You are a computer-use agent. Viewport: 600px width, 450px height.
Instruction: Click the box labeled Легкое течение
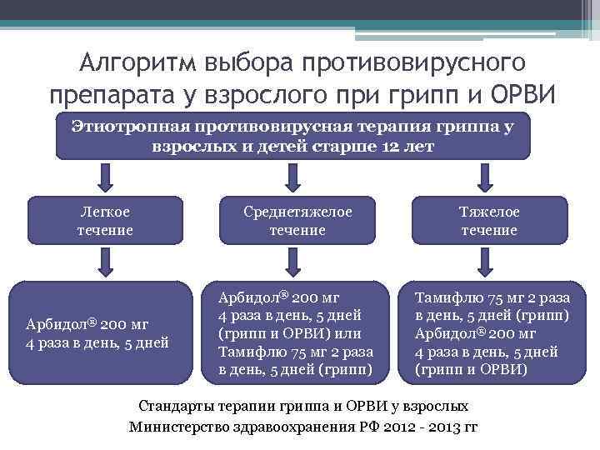105,220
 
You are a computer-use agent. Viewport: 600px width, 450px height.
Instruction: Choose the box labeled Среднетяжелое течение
297,220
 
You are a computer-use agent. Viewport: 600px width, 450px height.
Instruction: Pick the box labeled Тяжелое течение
490,220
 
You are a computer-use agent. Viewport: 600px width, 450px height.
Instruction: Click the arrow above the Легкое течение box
105,177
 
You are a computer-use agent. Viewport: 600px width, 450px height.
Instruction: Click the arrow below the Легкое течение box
105,262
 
